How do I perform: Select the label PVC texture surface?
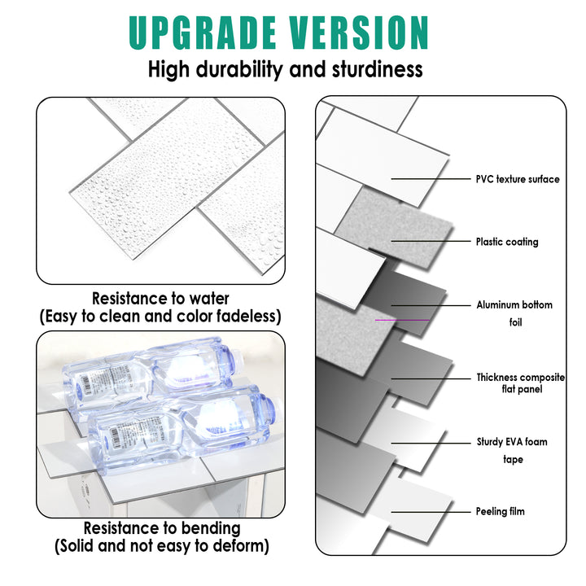[518, 179]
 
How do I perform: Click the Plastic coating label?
[507, 242]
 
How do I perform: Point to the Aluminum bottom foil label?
[514, 313]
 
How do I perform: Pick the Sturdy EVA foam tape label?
[512, 451]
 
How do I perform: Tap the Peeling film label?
[501, 511]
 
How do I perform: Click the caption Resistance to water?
[160, 299]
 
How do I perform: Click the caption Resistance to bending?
[161, 528]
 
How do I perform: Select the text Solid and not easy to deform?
[161, 546]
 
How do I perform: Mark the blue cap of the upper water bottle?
[76, 379]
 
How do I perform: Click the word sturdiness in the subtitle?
[378, 69]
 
